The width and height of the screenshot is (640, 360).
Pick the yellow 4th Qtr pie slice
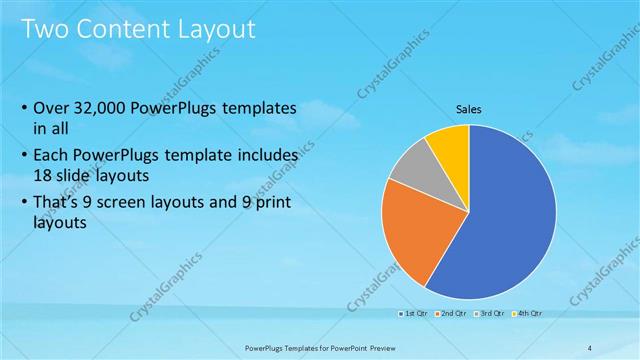point(450,145)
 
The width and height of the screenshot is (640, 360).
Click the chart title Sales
point(468,109)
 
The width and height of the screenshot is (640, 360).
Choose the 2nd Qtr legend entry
point(450,315)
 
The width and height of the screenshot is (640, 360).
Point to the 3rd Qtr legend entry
point(489,315)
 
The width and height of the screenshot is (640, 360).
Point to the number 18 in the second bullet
point(43,175)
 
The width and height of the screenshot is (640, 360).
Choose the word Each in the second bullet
point(51,156)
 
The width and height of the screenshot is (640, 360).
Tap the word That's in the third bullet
point(58,201)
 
